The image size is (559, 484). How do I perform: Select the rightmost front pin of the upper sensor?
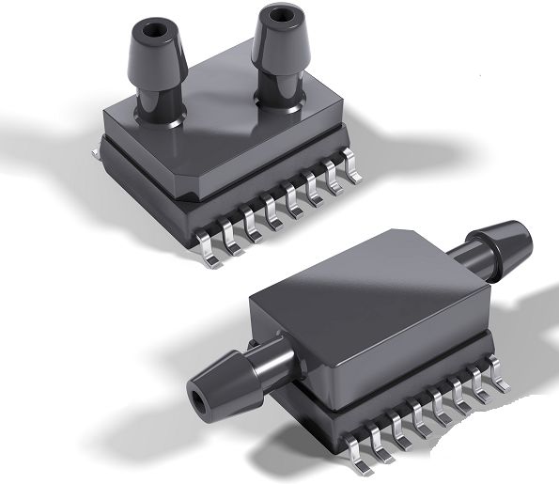pyautogui.click(x=355, y=169)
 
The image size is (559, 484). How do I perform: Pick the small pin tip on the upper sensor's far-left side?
pyautogui.click(x=96, y=142)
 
